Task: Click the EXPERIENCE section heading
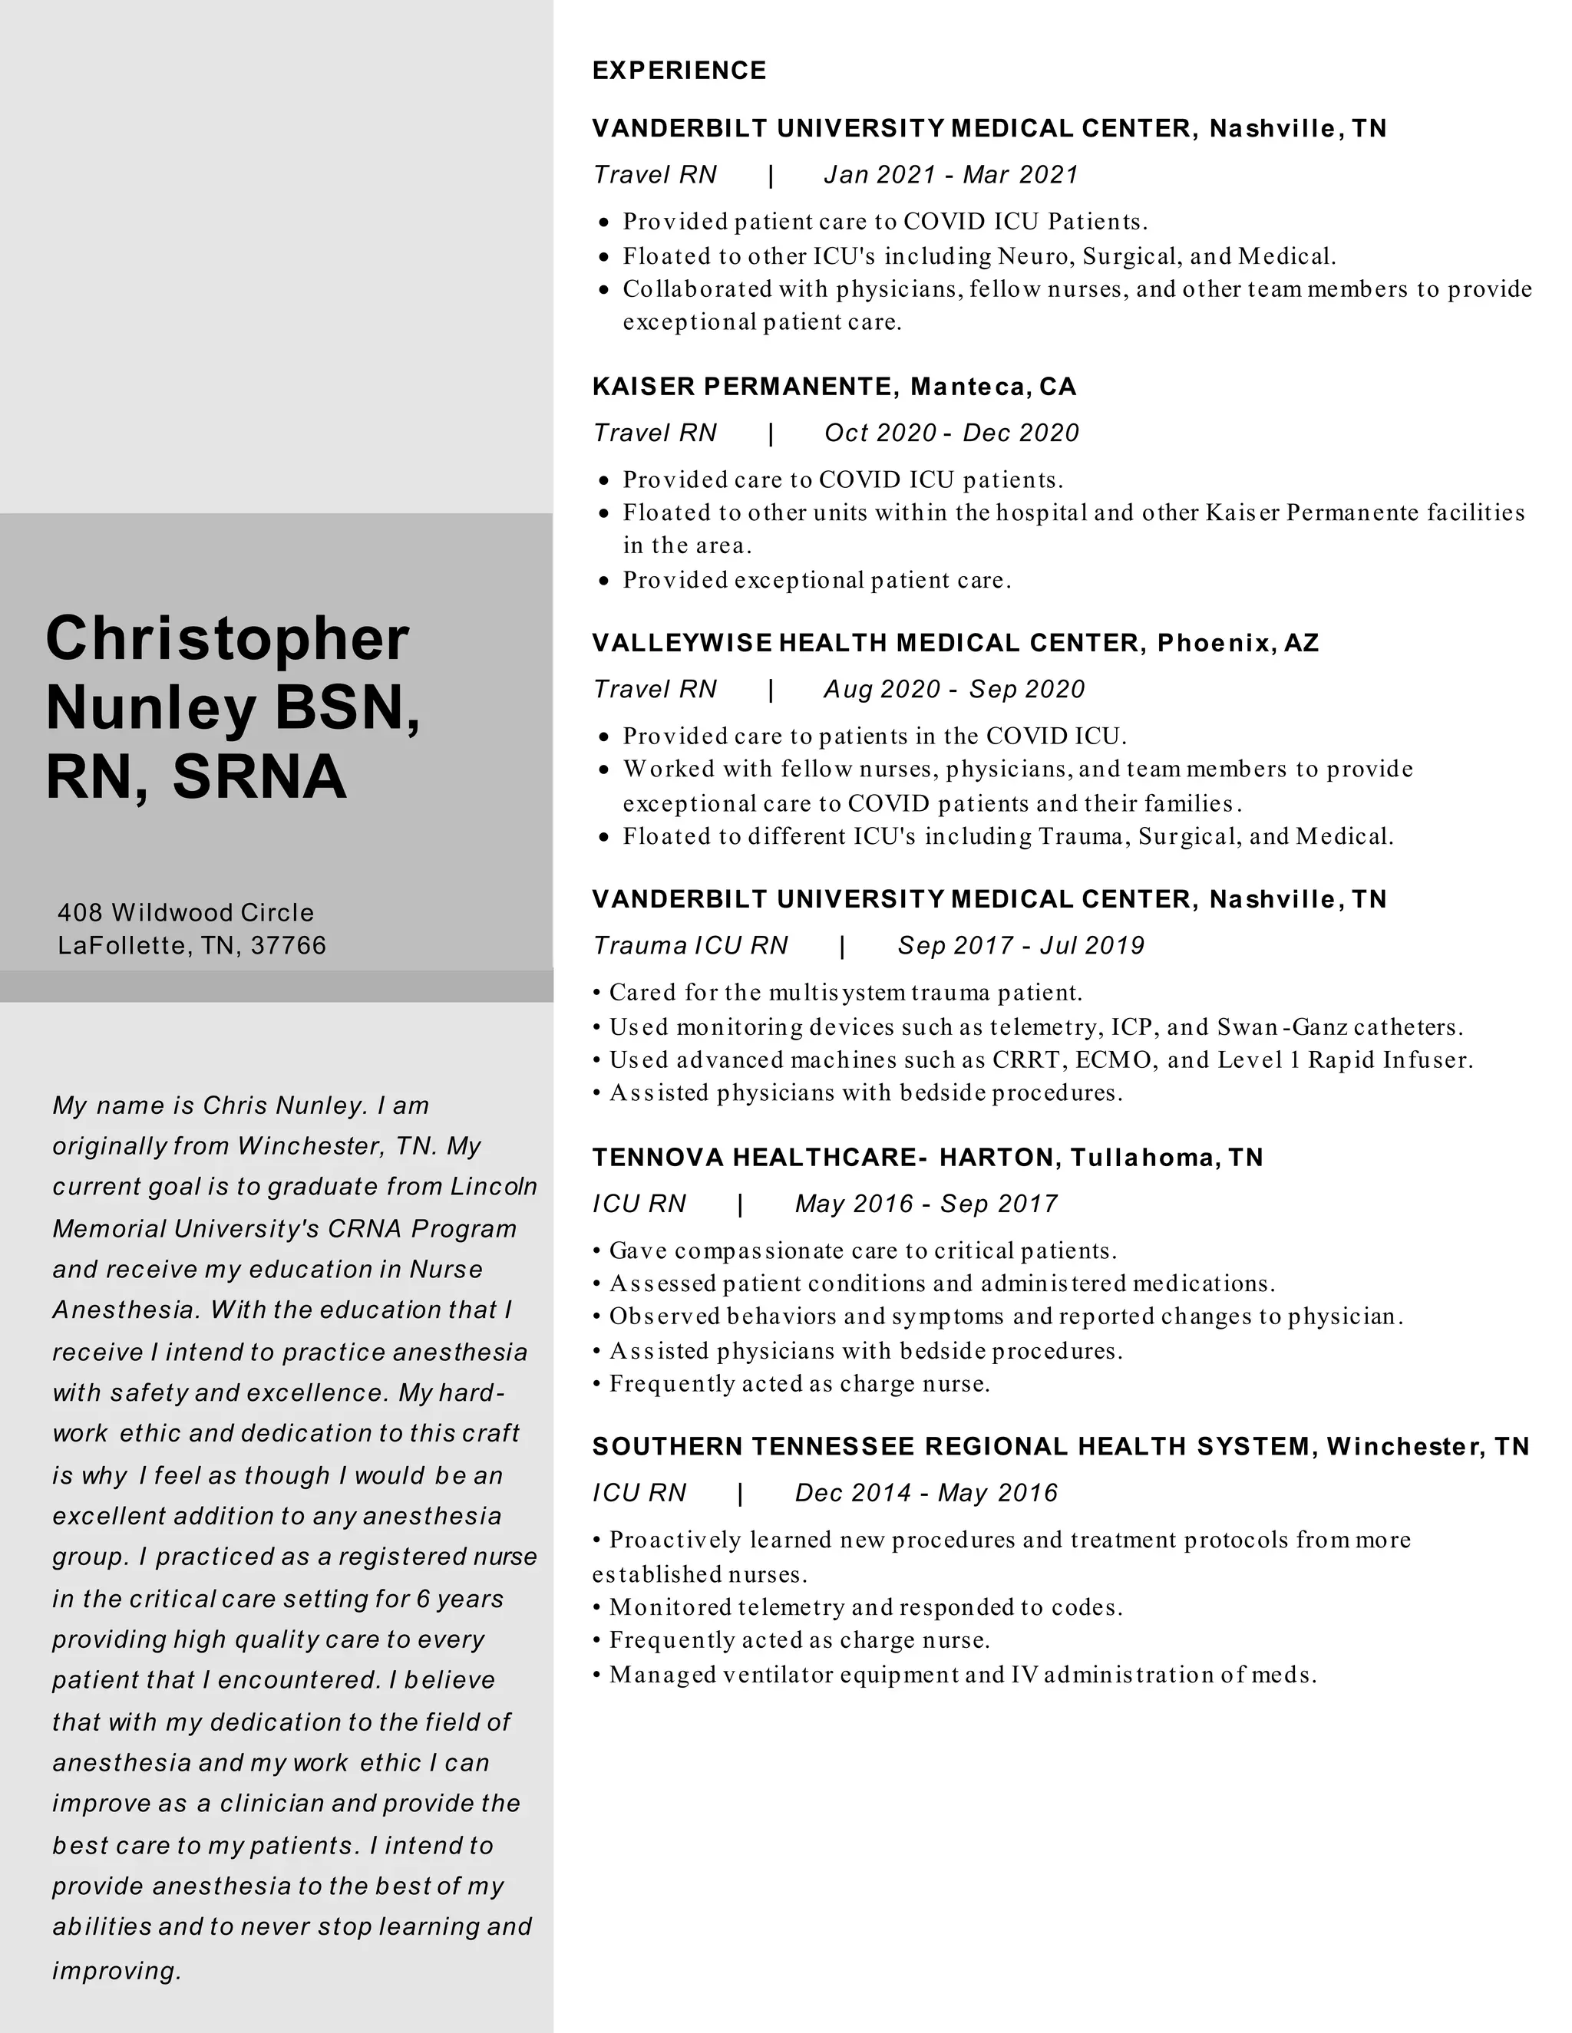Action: [x=679, y=71]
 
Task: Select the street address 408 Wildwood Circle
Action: [x=185, y=912]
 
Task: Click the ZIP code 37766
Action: [x=289, y=946]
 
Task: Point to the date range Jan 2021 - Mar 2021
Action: [x=951, y=175]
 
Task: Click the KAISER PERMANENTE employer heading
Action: [x=745, y=387]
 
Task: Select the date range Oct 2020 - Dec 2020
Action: [x=951, y=433]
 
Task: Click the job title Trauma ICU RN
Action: [x=690, y=946]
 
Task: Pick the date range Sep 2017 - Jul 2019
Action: [x=1021, y=946]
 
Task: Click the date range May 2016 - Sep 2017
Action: [x=926, y=1204]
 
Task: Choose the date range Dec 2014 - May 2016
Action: [x=926, y=1493]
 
